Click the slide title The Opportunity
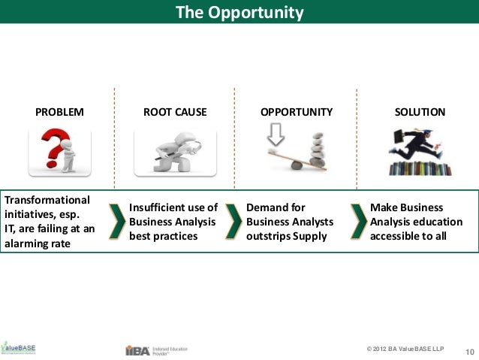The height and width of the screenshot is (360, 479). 239,13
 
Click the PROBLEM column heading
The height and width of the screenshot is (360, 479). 60,112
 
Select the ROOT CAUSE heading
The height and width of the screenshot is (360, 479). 175,112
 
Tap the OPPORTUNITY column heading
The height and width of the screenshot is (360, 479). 296,112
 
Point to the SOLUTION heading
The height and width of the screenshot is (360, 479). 420,112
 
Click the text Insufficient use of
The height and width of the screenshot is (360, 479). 173,207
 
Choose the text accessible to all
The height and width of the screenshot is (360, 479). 408,236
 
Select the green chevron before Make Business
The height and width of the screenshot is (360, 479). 357,220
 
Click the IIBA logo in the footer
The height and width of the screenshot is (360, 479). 137,349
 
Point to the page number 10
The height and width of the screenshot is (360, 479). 471,351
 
